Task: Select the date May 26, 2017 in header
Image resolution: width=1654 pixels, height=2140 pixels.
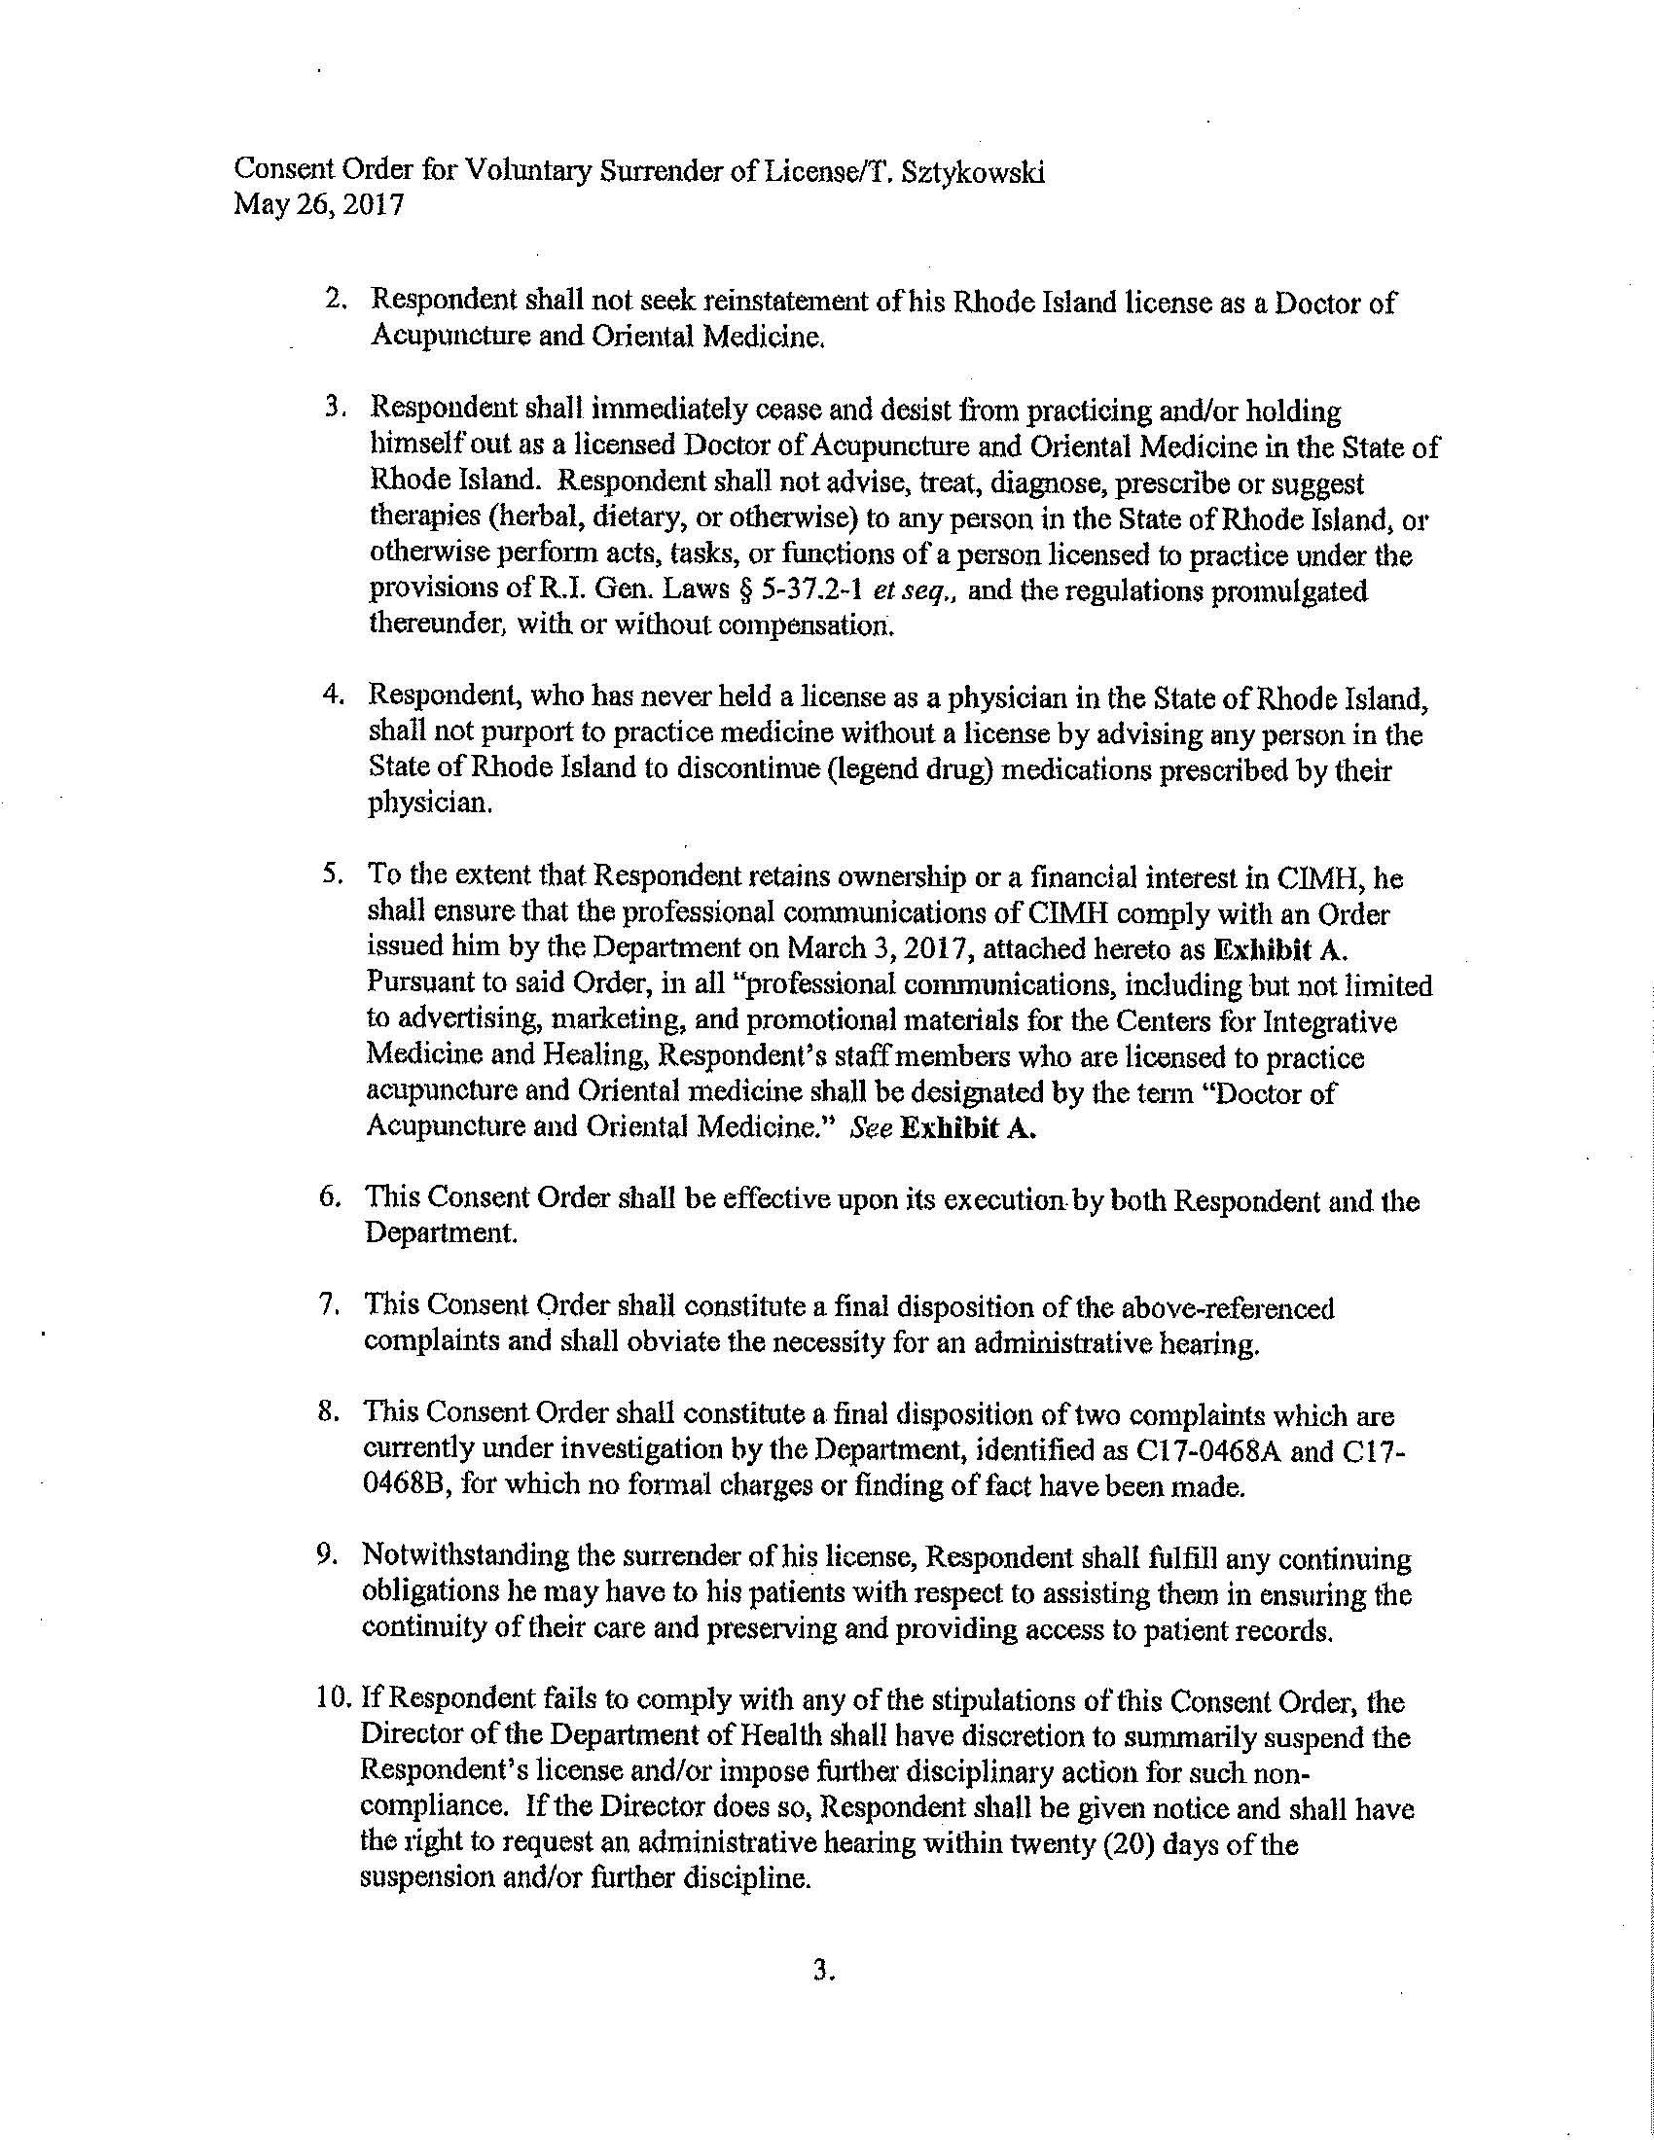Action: (x=318, y=208)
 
